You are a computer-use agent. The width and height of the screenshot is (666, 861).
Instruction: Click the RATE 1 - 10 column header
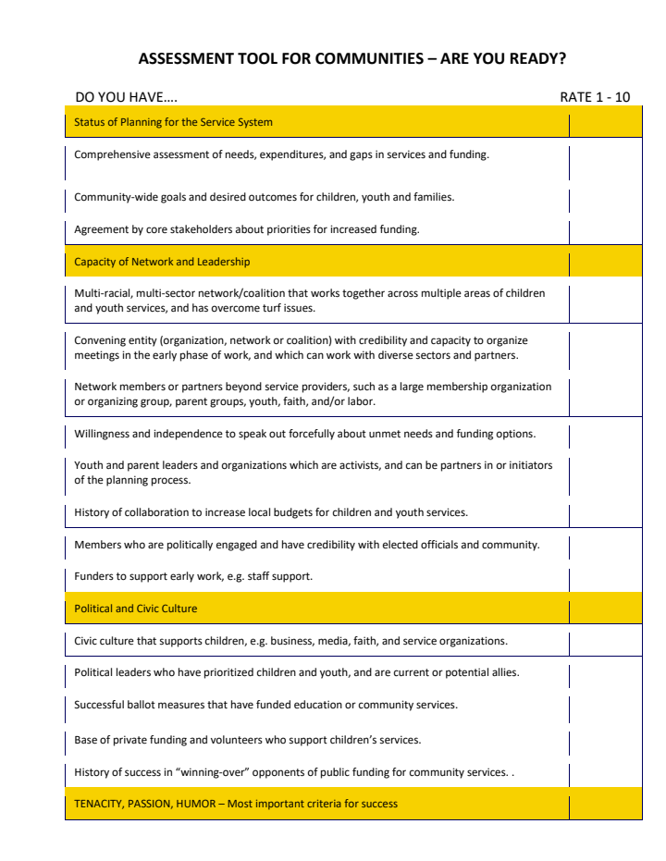[595, 97]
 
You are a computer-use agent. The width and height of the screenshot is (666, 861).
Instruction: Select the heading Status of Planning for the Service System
[173, 122]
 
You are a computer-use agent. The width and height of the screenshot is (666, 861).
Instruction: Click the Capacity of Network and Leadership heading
[162, 262]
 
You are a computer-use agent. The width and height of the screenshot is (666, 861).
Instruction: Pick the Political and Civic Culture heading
[135, 609]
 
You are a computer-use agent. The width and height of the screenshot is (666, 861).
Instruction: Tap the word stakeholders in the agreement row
[207, 229]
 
